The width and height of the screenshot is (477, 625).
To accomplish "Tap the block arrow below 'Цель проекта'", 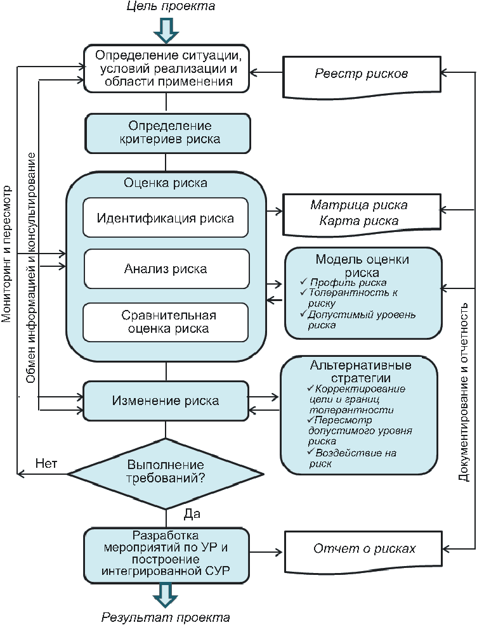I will pos(166,29).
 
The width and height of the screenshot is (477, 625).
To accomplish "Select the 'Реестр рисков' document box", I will pos(362,74).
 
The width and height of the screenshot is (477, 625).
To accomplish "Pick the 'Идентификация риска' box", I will pos(166,219).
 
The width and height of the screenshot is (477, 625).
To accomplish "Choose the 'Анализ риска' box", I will pos(166,269).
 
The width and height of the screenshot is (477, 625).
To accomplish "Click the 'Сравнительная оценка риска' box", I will pos(166,322).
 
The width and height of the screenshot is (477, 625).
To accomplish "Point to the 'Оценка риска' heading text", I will pos(166,184).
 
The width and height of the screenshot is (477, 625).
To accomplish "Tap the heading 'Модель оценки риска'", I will pos(362,266).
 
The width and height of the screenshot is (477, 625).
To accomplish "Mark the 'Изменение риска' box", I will pos(166,401).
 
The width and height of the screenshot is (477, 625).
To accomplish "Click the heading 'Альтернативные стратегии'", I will pos(360,372).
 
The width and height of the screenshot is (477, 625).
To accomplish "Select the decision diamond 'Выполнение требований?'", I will pos(166,473).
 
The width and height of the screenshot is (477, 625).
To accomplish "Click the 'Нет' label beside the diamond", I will pos(46,463).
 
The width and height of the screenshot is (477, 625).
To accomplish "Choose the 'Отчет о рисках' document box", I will pos(364,548).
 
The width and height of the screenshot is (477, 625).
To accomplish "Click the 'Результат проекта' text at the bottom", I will pos(166,617).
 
